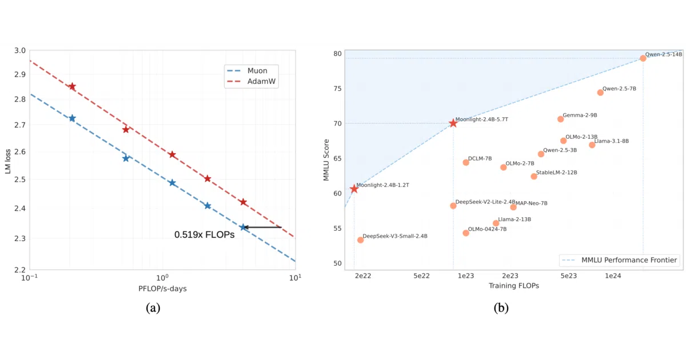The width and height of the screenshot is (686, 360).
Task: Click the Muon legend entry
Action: (x=247, y=71)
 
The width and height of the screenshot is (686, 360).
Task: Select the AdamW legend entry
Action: (x=251, y=81)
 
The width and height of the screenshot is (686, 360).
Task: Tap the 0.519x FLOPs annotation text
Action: (x=204, y=234)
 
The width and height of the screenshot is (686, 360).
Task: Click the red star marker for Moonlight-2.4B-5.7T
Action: (x=453, y=123)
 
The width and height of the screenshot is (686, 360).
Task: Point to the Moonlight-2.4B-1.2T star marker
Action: (x=354, y=189)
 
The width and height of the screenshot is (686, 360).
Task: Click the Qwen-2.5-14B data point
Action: (x=643, y=58)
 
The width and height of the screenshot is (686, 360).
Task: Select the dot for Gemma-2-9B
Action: (x=560, y=119)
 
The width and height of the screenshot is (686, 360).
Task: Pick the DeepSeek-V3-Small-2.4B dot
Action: (x=361, y=240)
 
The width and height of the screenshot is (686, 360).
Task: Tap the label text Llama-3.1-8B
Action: (x=611, y=141)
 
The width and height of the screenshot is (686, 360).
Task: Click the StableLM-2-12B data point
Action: (x=534, y=177)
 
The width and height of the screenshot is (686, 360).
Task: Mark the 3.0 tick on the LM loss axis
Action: (x=20, y=50)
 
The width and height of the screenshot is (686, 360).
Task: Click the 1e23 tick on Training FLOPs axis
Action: (x=466, y=276)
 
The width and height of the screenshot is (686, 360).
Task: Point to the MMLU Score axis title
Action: (x=326, y=160)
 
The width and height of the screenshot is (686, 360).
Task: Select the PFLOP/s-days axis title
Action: (x=162, y=289)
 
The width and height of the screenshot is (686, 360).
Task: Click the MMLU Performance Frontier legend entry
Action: (x=620, y=260)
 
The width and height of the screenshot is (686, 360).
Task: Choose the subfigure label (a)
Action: (x=153, y=307)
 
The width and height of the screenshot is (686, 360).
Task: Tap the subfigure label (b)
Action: (x=501, y=307)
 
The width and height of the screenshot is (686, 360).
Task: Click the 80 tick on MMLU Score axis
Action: (x=337, y=54)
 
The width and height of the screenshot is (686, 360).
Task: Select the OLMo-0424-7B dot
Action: (x=466, y=233)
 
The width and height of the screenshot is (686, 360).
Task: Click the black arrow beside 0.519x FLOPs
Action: (x=262, y=227)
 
